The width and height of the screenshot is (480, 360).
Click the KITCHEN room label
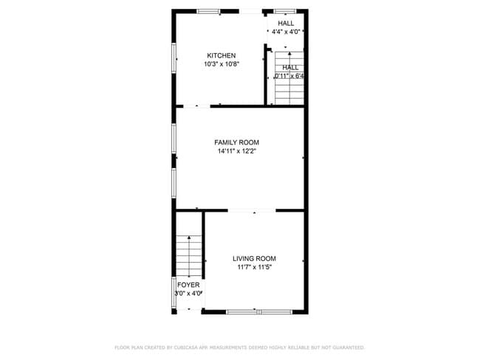[222, 55]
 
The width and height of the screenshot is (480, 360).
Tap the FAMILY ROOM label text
[236, 142]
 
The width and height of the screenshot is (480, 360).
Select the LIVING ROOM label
[254, 258]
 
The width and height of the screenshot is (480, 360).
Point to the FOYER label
[188, 284]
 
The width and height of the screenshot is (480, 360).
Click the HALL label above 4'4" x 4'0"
[286, 23]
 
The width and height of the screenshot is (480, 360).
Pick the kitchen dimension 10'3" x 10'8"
[222, 64]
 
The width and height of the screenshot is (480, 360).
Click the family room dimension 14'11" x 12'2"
[236, 151]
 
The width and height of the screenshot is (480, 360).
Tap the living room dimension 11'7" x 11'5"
[254, 268]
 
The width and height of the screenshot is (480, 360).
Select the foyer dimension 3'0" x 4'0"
[188, 293]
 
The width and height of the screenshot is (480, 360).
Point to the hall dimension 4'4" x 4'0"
[286, 32]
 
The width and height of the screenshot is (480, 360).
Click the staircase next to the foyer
[189, 255]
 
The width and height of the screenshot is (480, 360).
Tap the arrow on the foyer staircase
[189, 239]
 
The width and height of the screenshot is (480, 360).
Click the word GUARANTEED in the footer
[348, 347]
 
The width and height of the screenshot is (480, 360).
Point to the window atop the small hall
[285, 10]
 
